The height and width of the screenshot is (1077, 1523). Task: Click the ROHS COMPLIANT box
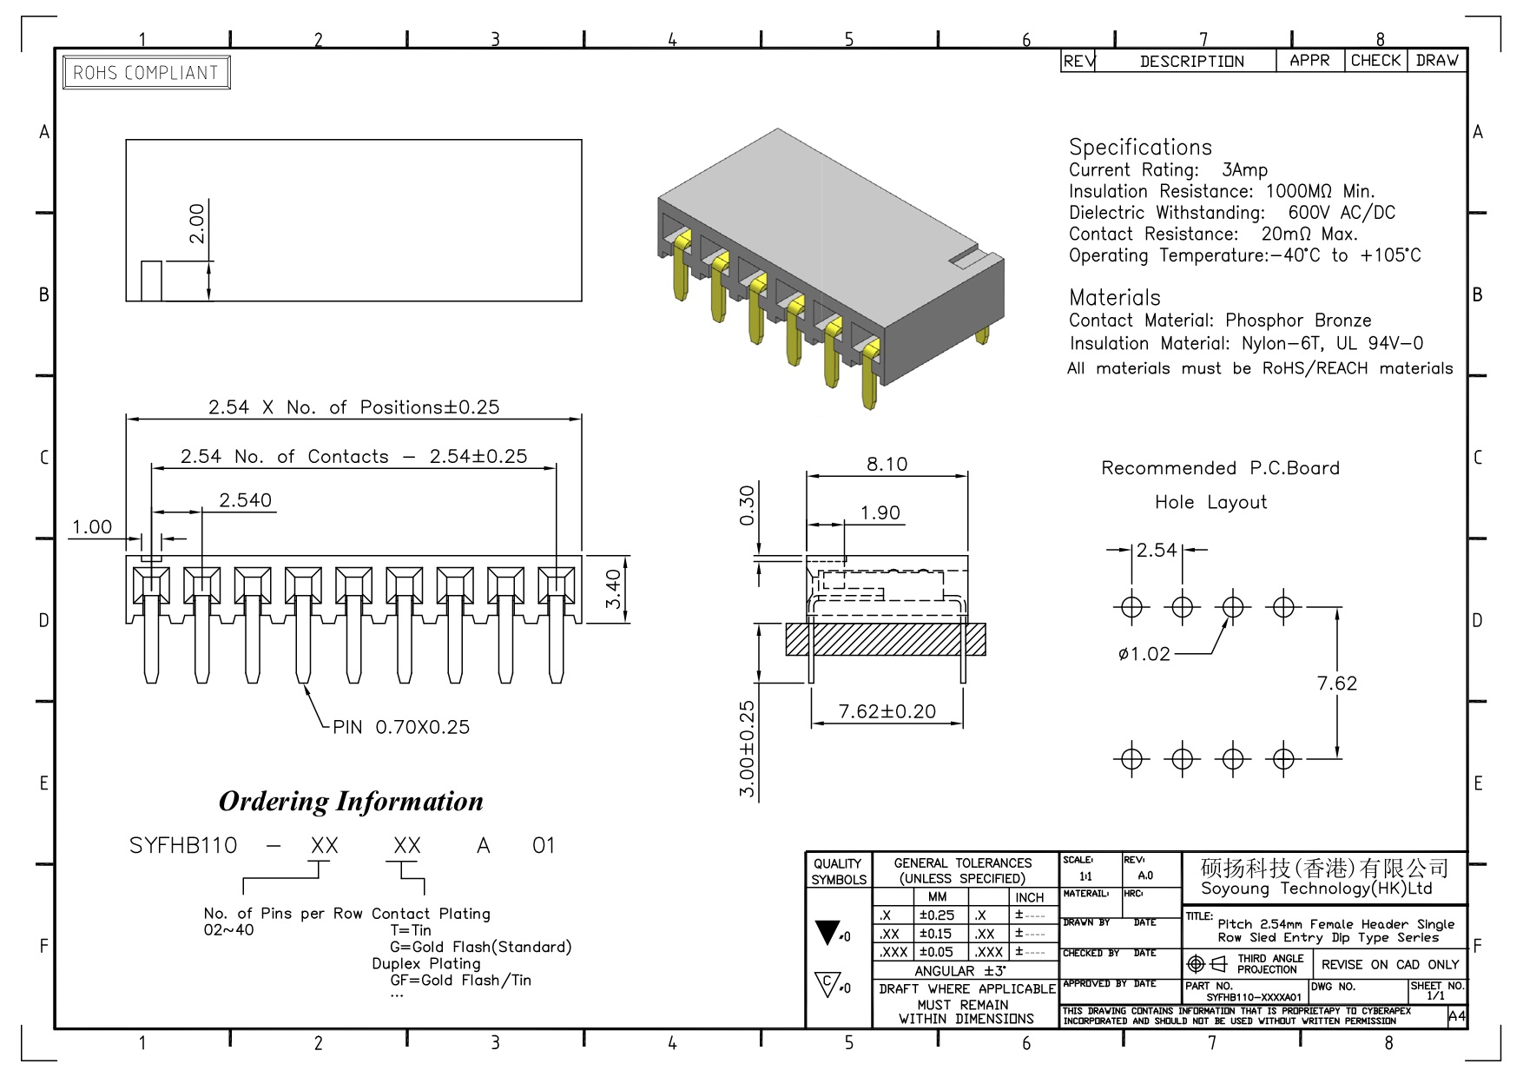146,73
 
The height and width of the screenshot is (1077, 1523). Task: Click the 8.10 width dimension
887,464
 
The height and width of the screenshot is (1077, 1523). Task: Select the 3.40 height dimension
613,589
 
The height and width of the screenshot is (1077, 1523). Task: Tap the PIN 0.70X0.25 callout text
401,727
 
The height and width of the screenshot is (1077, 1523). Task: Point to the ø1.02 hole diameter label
1144,654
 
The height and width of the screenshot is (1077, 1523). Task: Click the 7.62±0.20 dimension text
887,711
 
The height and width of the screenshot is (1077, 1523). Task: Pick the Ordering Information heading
351,801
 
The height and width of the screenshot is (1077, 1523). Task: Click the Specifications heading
1140,147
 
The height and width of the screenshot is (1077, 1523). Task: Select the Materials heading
1114,297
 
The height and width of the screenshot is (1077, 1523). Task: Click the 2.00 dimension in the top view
198,223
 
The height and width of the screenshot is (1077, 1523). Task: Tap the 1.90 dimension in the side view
880,512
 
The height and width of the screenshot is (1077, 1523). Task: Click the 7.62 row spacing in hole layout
1336,684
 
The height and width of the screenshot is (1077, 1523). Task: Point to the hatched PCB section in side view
886,639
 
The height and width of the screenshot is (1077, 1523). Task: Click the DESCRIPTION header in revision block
1191,62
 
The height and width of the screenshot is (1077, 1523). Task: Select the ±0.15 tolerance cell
935,934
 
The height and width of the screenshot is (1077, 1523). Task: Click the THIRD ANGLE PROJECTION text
1269,964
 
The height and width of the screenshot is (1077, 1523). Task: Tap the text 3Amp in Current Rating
1244,170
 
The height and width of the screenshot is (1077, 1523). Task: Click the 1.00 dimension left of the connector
92,526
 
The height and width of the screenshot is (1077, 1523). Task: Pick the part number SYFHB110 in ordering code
183,845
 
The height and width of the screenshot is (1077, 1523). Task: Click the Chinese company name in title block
1324,868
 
